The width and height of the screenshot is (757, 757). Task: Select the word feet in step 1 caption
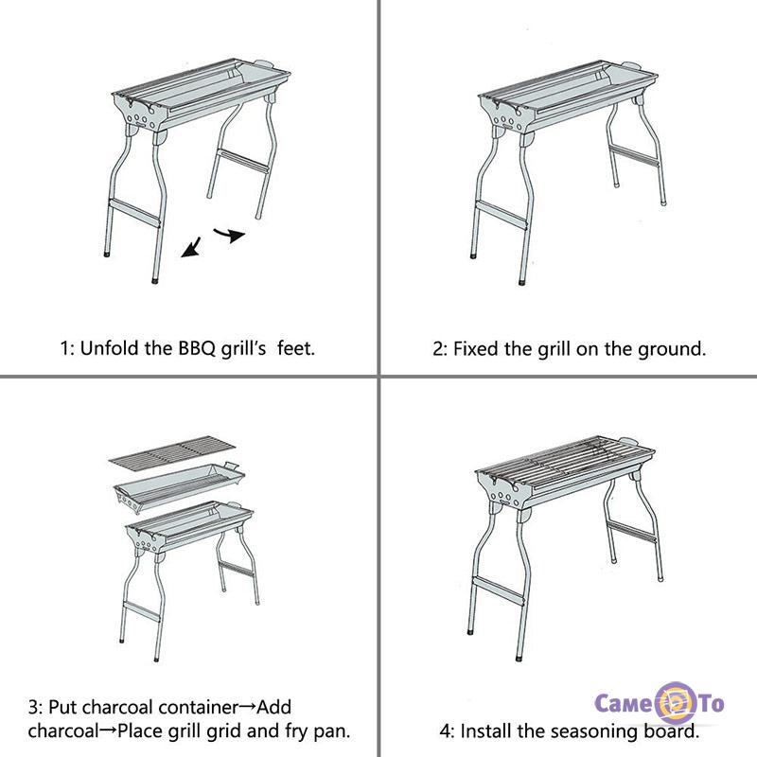pyautogui.click(x=296, y=347)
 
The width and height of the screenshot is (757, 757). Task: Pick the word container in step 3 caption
pyautogui.click(x=198, y=707)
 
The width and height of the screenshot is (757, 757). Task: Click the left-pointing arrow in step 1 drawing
pyautogui.click(x=192, y=247)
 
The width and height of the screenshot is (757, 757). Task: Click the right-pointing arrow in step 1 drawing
pyautogui.click(x=230, y=235)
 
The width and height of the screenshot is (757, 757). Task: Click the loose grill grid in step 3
pyautogui.click(x=172, y=451)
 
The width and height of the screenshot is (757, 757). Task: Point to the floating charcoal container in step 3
pyautogui.click(x=179, y=487)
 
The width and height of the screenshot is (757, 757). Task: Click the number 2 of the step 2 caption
pyautogui.click(x=437, y=349)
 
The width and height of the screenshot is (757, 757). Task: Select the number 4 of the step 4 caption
pyautogui.click(x=445, y=731)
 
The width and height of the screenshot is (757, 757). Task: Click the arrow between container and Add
pyautogui.click(x=247, y=707)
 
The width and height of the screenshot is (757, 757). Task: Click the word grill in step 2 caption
pyautogui.click(x=555, y=349)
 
